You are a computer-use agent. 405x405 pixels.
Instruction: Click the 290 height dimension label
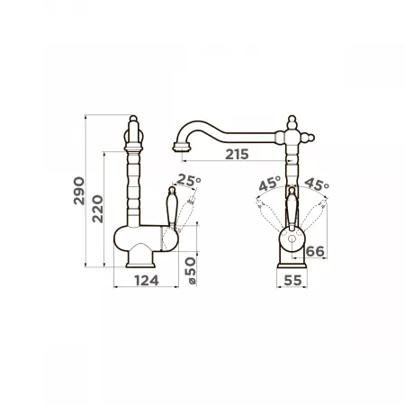[x=79, y=191]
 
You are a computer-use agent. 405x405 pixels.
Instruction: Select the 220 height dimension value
[x=97, y=209]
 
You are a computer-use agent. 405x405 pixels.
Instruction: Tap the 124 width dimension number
[x=147, y=281]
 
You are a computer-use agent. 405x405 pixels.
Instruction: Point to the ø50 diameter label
[x=191, y=271]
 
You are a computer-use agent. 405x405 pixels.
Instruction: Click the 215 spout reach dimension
[x=237, y=154]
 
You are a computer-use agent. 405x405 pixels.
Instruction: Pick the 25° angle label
[x=189, y=180]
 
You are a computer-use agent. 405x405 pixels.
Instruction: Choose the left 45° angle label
[x=270, y=184]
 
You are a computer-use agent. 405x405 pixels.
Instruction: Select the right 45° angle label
[x=317, y=184]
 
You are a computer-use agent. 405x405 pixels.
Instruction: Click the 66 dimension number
[x=315, y=251]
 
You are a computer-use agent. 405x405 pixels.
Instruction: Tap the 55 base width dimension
[x=292, y=281]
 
